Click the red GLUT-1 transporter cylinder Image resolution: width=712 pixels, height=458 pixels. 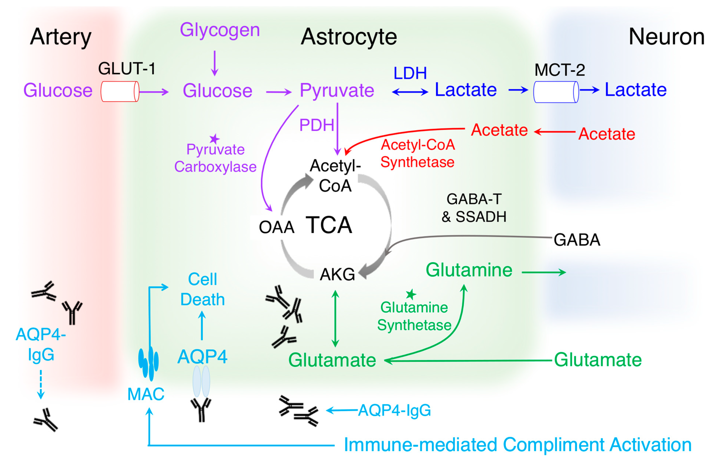pos(120,92)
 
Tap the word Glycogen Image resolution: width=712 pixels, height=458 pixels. pos(220,30)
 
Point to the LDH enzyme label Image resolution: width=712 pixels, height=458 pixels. pos(410,73)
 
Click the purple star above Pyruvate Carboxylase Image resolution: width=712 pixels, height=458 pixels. pos(214,139)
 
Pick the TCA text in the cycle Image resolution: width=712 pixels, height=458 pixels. pos(329,225)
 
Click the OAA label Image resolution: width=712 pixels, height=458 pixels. pos(276,227)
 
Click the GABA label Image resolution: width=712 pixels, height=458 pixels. pos(577,240)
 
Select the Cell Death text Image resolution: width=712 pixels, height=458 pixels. pos(203,289)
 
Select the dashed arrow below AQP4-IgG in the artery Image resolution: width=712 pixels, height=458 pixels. pos(41,384)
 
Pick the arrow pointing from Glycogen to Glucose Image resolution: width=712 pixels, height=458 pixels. pos(214,63)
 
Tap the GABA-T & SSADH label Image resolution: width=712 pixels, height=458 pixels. pos(474,208)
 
